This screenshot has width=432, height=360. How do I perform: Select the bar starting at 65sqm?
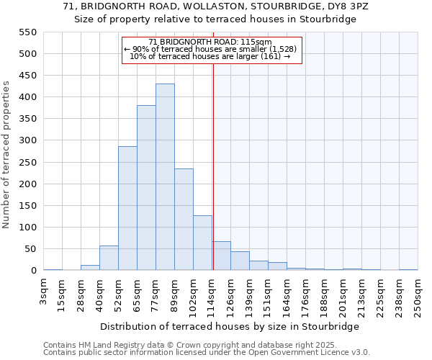click(146, 188)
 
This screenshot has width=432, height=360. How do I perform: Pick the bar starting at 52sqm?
click(127, 208)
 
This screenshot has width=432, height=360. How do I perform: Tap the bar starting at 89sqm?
click(184, 220)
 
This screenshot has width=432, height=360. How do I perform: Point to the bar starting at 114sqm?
click(221, 256)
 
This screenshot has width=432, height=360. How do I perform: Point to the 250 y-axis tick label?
click(27, 163)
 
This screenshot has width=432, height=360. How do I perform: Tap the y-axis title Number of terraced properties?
click(6, 155)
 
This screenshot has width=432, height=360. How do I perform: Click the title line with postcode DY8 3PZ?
click(215, 6)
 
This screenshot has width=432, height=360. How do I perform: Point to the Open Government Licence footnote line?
click(206, 353)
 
